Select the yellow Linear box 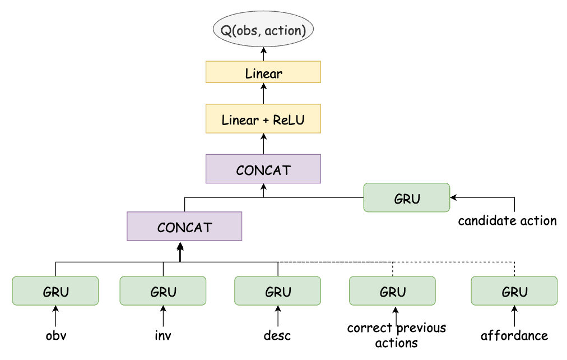click(x=263, y=72)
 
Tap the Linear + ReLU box click(x=263, y=119)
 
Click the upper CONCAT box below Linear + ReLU click(x=263, y=169)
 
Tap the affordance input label click(x=514, y=336)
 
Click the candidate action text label click(x=507, y=220)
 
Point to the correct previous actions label click(x=396, y=335)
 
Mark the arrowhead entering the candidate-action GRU click(x=453, y=197)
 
